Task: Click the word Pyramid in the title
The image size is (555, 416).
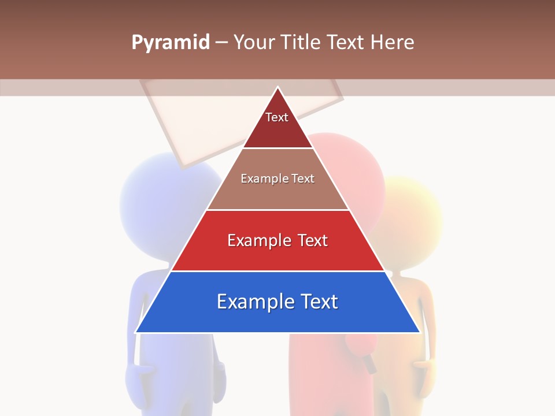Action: (x=171, y=43)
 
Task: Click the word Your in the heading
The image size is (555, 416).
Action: (x=252, y=43)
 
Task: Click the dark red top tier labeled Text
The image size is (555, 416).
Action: (x=277, y=124)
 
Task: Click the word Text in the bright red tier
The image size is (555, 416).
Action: (x=312, y=240)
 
